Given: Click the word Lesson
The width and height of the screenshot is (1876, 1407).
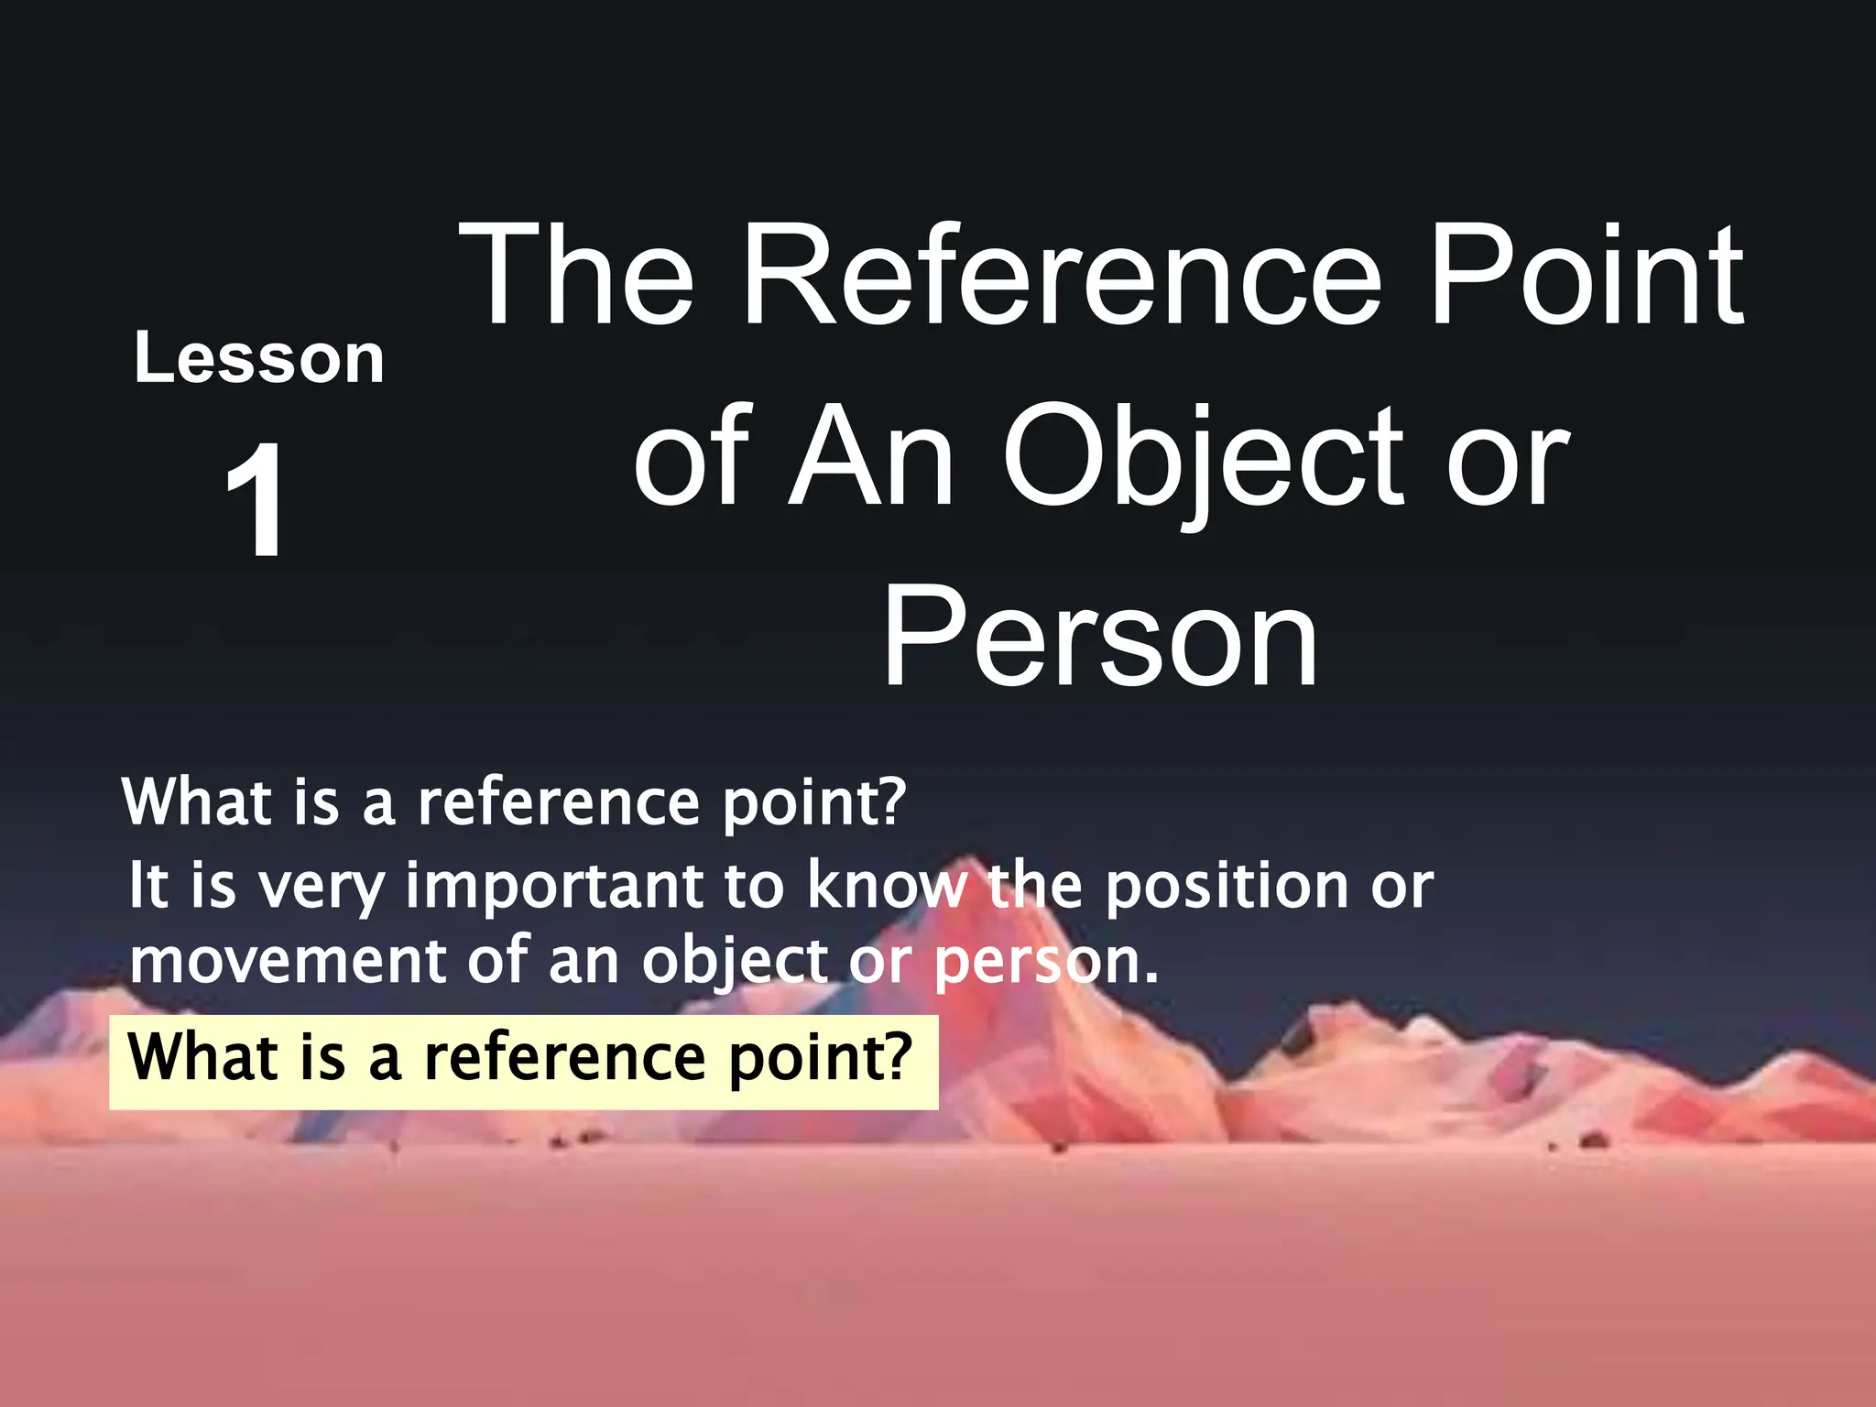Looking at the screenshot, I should (x=259, y=358).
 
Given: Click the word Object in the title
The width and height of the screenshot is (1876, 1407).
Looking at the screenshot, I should (x=1204, y=458).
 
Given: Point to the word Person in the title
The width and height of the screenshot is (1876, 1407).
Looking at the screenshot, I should (x=1099, y=636).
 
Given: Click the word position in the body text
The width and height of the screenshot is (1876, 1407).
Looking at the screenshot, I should (x=1226, y=888).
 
